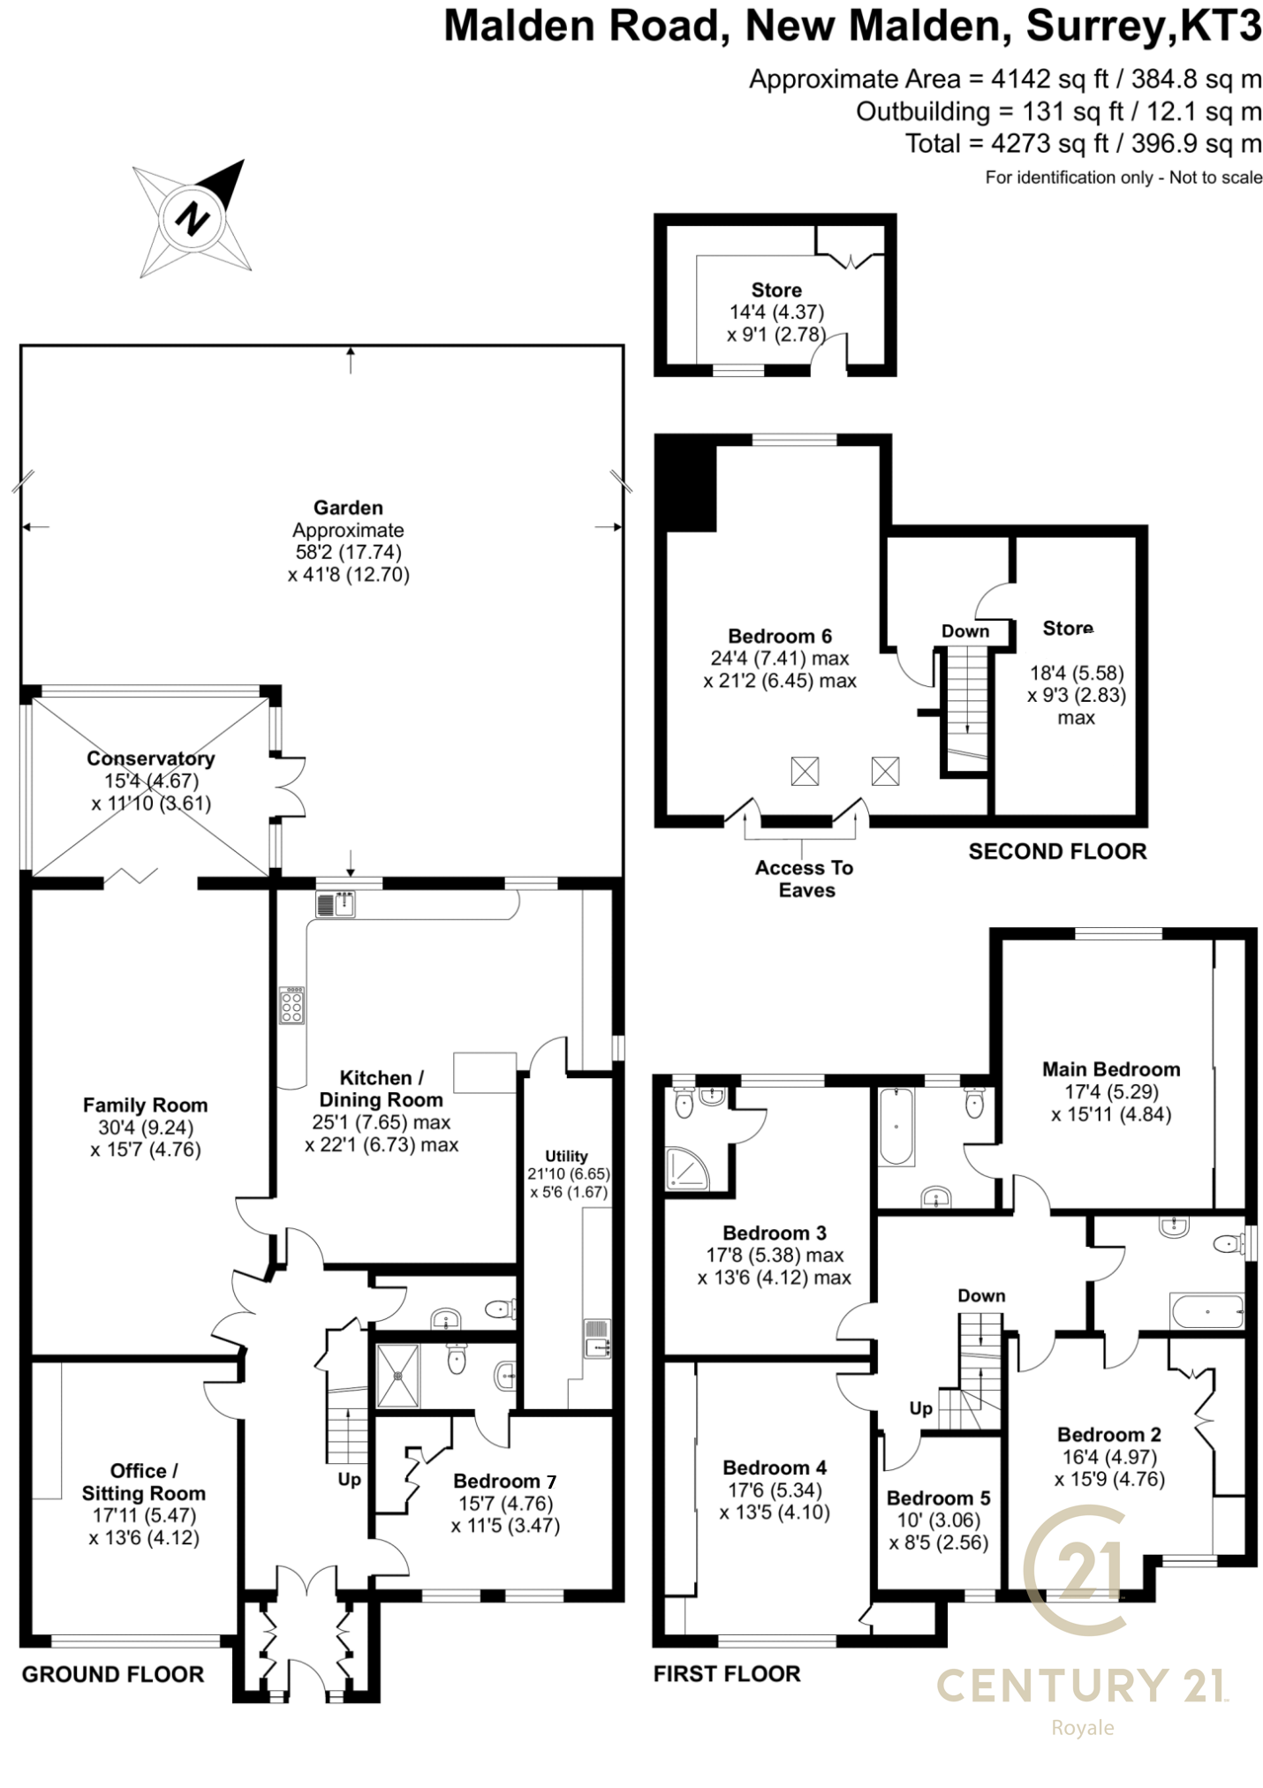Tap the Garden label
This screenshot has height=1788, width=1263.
[348, 508]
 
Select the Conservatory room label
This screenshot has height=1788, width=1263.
[151, 758]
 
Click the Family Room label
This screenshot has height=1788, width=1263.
[145, 1105]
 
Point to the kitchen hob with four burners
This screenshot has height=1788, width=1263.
[292, 1006]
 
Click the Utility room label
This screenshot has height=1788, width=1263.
[566, 1156]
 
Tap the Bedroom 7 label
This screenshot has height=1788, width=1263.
[505, 1481]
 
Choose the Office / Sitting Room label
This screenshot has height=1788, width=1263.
[144, 1482]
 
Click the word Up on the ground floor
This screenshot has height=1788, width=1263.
[350, 1479]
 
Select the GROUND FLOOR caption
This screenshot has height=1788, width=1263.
[113, 1674]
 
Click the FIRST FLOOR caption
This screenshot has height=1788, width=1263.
[727, 1673]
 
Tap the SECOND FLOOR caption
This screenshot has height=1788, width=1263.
[1057, 851]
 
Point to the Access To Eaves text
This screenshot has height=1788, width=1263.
[805, 879]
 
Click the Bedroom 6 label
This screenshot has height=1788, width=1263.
[780, 636]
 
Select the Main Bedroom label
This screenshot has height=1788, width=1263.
[1111, 1069]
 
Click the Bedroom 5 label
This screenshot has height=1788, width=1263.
[939, 1498]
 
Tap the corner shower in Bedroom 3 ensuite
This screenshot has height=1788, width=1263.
[687, 1168]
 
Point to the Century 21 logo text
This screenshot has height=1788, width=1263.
[1082, 1686]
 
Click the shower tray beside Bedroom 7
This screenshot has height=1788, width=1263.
[398, 1376]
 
